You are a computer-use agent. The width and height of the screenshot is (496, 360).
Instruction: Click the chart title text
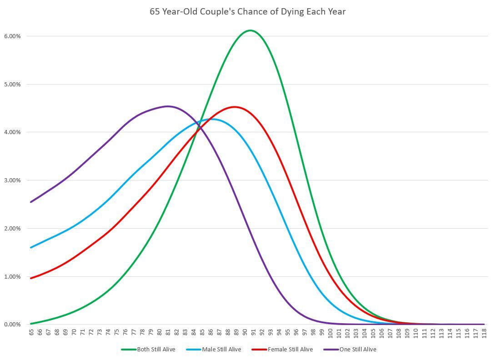[x=248, y=12]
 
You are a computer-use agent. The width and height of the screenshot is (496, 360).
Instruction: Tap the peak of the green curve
[x=251, y=30]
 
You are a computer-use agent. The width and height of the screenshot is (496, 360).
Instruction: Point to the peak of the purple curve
[x=167, y=106]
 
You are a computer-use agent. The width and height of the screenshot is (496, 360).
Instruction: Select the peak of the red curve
[x=234, y=107]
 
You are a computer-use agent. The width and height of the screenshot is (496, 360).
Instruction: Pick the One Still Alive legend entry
[x=350, y=350]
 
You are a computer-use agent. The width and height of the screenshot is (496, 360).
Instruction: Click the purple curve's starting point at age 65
[x=31, y=202]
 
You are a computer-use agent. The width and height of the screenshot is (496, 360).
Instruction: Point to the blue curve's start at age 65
[x=31, y=247]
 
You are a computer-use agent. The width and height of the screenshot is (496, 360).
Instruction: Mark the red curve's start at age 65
[x=31, y=278]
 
